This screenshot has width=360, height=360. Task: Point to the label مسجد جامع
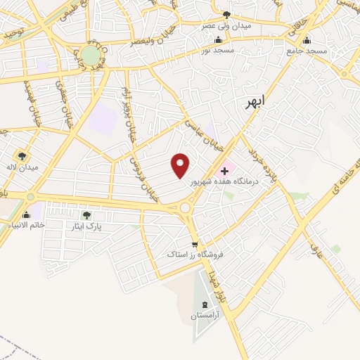(307, 51)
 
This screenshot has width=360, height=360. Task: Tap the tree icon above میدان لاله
(22, 156)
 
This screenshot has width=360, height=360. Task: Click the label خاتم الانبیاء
(26, 224)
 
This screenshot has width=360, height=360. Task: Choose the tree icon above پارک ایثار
(86, 215)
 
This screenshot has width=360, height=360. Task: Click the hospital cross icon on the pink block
(225, 169)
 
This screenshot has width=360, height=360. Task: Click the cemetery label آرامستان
(203, 317)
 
